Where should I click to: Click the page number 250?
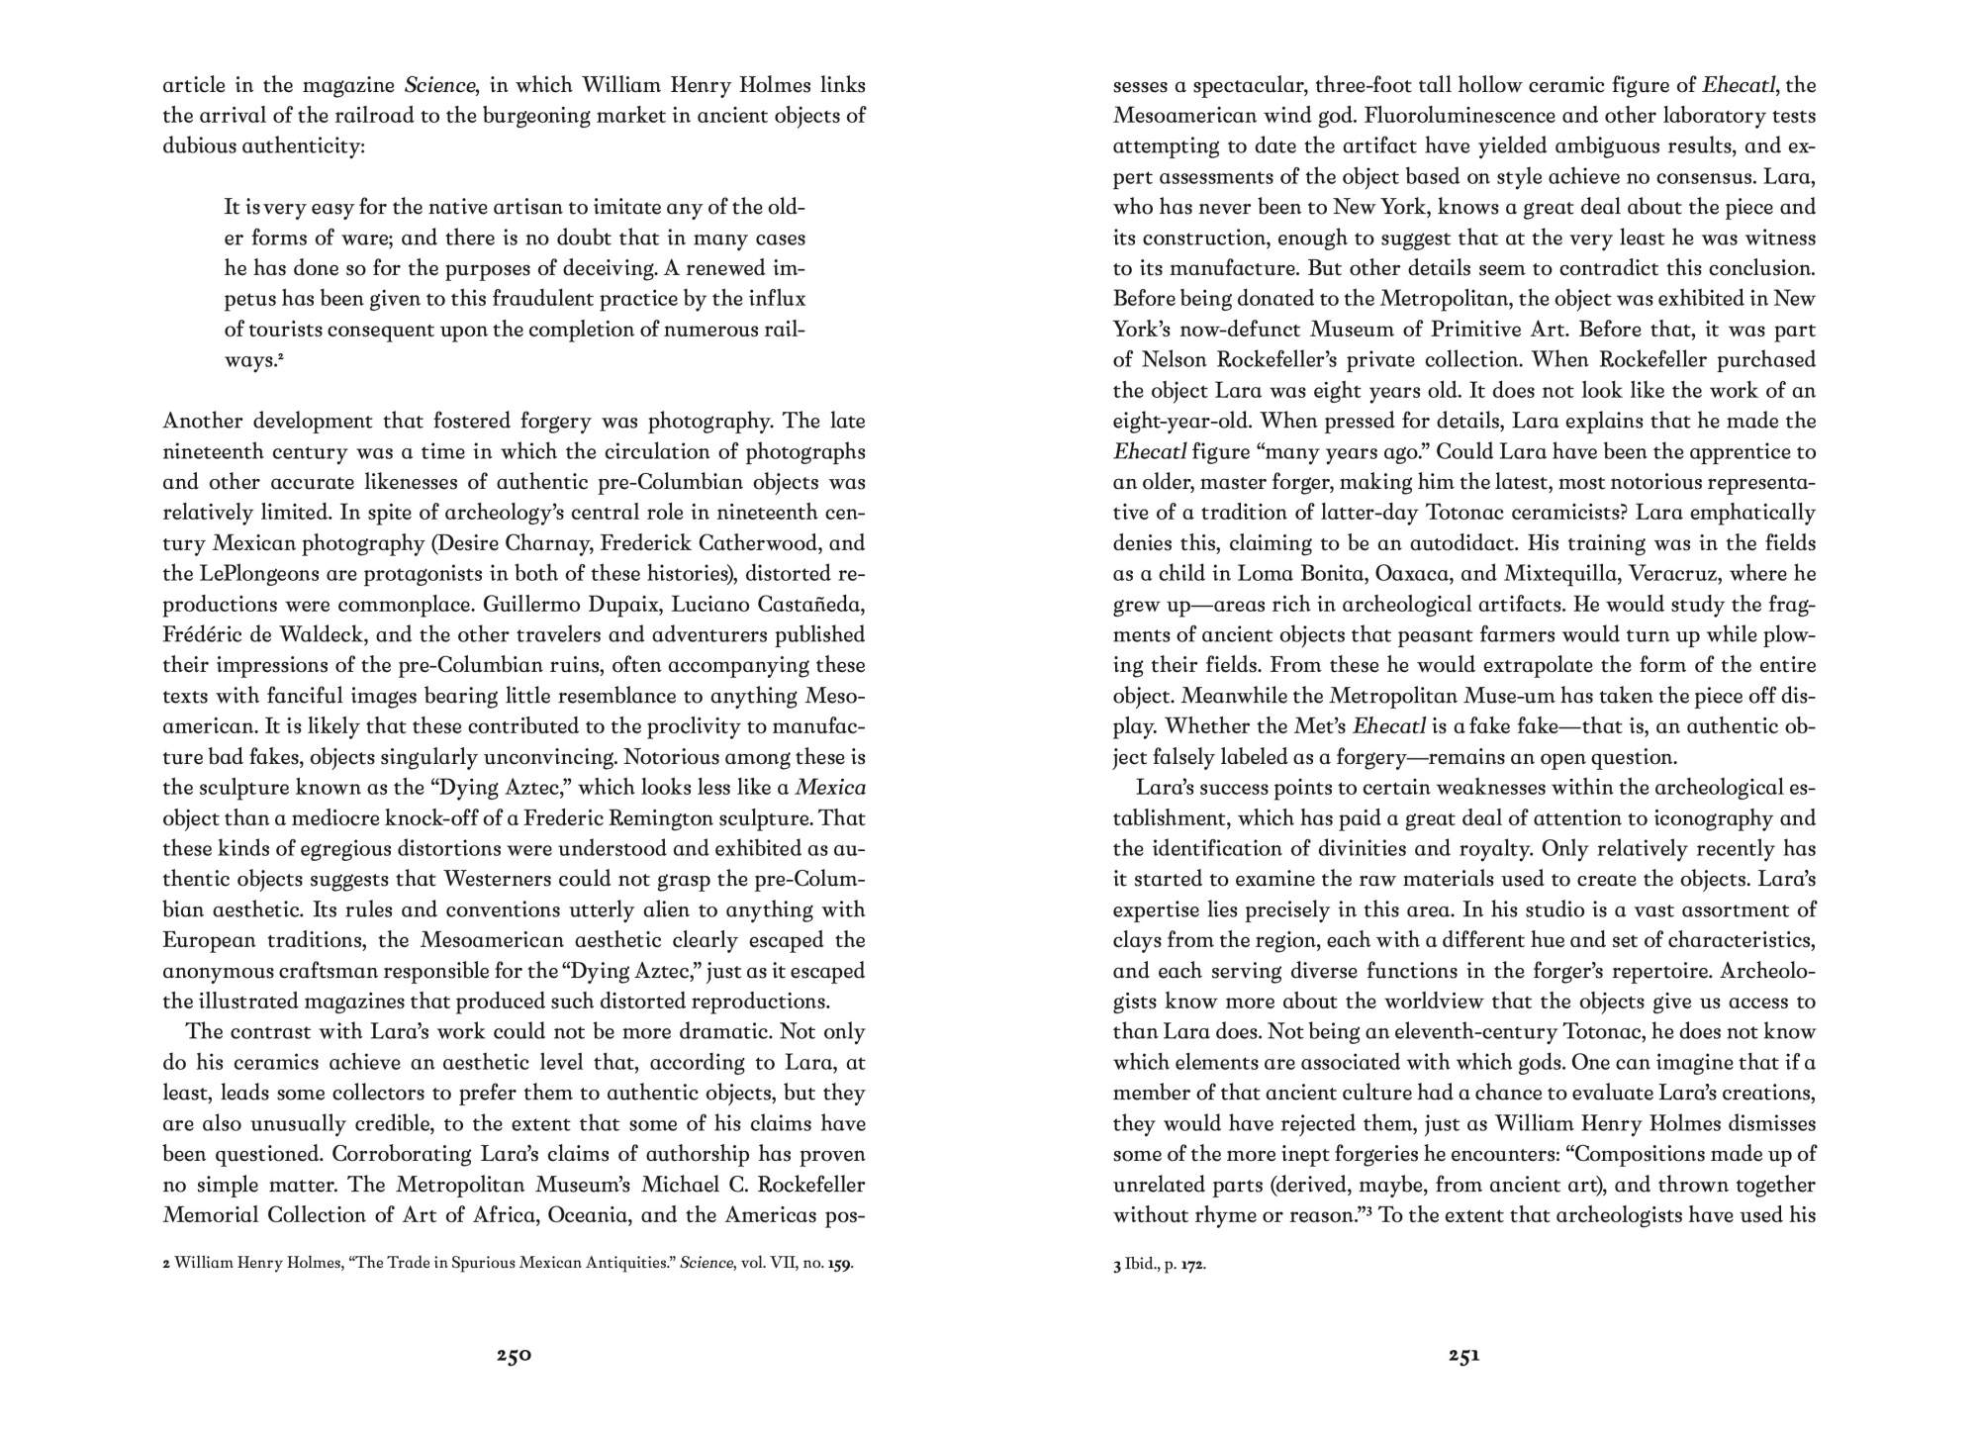pyautogui.click(x=514, y=1356)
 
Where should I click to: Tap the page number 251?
pyautogui.click(x=1463, y=1356)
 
